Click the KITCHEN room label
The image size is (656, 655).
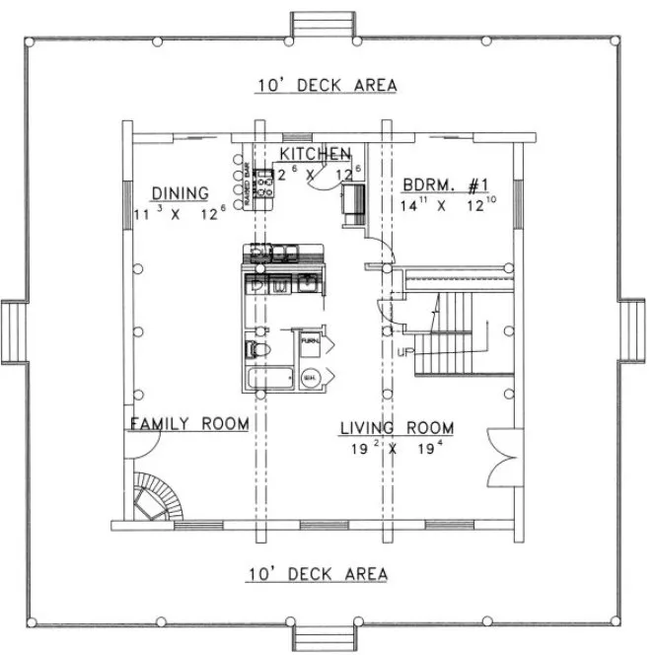[x=315, y=154]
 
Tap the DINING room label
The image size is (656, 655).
[x=180, y=192]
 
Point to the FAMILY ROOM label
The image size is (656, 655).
[x=189, y=424]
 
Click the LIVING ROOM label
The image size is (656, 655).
[x=398, y=428]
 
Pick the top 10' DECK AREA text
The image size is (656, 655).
[x=327, y=86]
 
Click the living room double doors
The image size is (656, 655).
[x=501, y=458]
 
